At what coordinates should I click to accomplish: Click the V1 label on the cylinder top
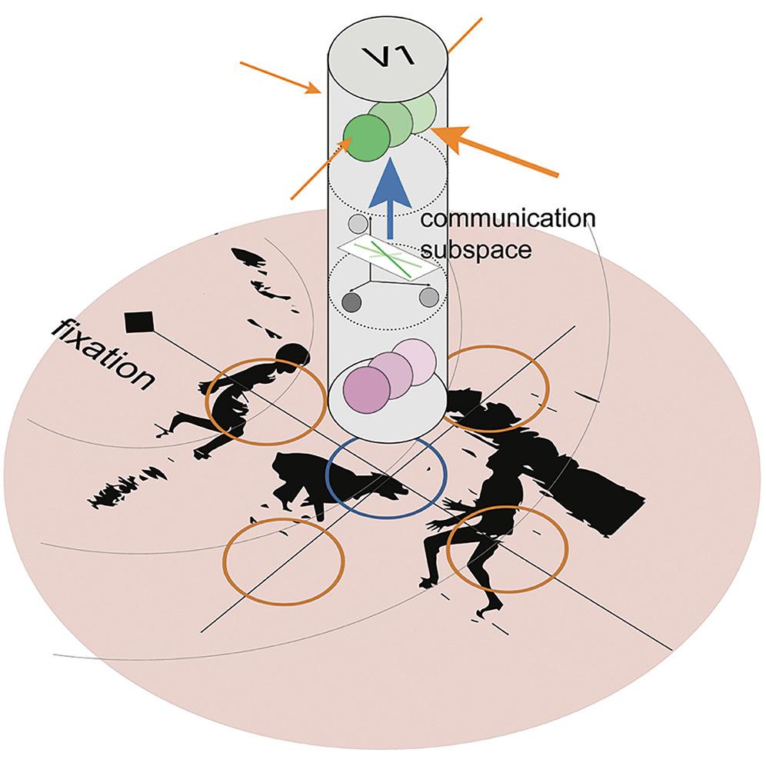(388, 55)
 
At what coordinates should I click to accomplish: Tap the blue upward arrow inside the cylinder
(389, 196)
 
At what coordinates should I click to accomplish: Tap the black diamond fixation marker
(139, 321)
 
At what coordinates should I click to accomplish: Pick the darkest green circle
(365, 138)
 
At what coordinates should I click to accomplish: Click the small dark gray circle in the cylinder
(353, 301)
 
